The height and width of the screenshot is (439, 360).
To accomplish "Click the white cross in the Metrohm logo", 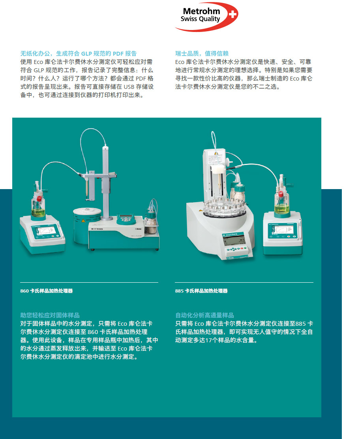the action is [x=232, y=14].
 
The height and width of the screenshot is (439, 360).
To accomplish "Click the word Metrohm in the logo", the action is [x=201, y=11].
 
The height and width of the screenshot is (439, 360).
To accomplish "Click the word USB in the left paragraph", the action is [x=129, y=87].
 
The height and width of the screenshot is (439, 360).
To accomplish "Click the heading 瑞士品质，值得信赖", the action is [x=202, y=53].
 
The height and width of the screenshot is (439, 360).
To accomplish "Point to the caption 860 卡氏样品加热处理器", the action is [x=47, y=291].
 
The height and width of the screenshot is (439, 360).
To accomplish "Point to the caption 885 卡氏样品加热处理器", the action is [x=201, y=291].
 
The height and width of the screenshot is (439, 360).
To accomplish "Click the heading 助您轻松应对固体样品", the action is [x=50, y=315].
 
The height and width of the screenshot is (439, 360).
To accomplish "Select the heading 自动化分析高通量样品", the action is [x=204, y=315].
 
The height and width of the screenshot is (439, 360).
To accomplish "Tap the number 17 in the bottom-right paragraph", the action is [x=208, y=340].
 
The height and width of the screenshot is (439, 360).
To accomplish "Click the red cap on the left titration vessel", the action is [x=39, y=199].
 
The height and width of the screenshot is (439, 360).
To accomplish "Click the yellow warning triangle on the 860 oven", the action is [x=83, y=221].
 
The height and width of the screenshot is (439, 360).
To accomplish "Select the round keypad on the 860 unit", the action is [x=126, y=219].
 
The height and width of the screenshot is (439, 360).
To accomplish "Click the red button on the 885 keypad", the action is [x=242, y=248].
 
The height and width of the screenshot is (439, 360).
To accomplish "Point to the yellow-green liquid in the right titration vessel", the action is [x=281, y=208].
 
